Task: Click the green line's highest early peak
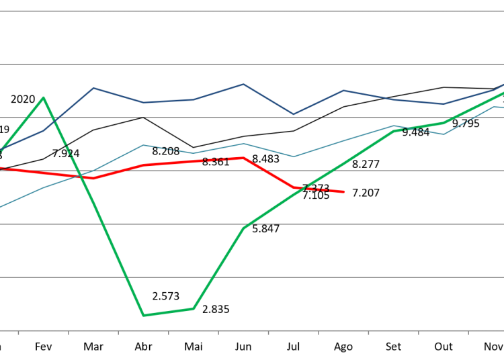(44, 97)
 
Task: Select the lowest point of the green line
(143, 315)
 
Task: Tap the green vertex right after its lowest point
(194, 308)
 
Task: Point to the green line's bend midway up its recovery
(244, 228)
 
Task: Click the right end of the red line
(344, 192)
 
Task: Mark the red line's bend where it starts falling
(244, 158)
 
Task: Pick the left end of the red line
(1, 168)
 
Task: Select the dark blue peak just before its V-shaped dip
(243, 84)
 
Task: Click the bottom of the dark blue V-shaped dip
(293, 114)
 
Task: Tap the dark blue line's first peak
(93, 88)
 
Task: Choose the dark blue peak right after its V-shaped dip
(343, 90)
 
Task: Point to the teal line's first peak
(143, 144)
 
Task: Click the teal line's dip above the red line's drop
(294, 156)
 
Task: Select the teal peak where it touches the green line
(394, 126)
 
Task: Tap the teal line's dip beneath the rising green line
(444, 134)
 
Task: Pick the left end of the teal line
(1, 207)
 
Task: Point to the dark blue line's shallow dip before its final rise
(444, 104)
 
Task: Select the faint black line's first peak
(143, 117)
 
